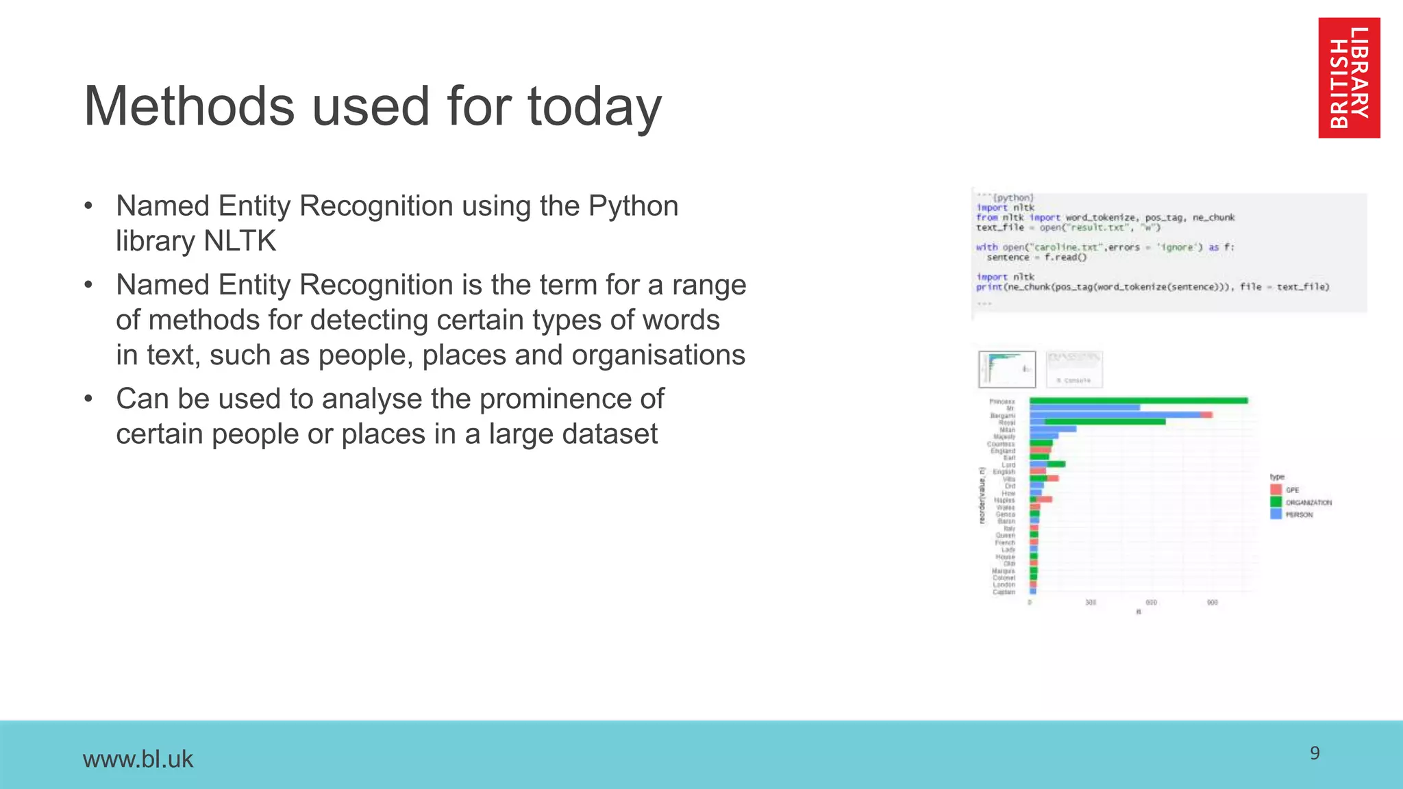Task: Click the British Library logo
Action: pyautogui.click(x=1348, y=77)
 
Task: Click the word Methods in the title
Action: pyautogui.click(x=189, y=107)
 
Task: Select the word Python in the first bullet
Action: pyautogui.click(x=633, y=205)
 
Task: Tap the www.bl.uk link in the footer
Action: pyautogui.click(x=138, y=759)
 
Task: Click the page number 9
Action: pyautogui.click(x=1314, y=753)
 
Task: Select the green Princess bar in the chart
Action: pyautogui.click(x=1137, y=401)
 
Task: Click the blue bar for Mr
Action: pyautogui.click(x=1084, y=408)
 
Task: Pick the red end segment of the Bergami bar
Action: pyautogui.click(x=1206, y=415)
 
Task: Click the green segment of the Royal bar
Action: pyautogui.click(x=1104, y=422)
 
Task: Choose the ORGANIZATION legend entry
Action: pyautogui.click(x=1301, y=502)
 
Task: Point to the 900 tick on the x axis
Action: pyautogui.click(x=1212, y=603)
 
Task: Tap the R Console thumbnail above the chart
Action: pyautogui.click(x=1073, y=369)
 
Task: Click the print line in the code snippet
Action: pyautogui.click(x=1152, y=287)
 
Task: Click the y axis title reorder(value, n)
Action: pyautogui.click(x=982, y=495)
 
